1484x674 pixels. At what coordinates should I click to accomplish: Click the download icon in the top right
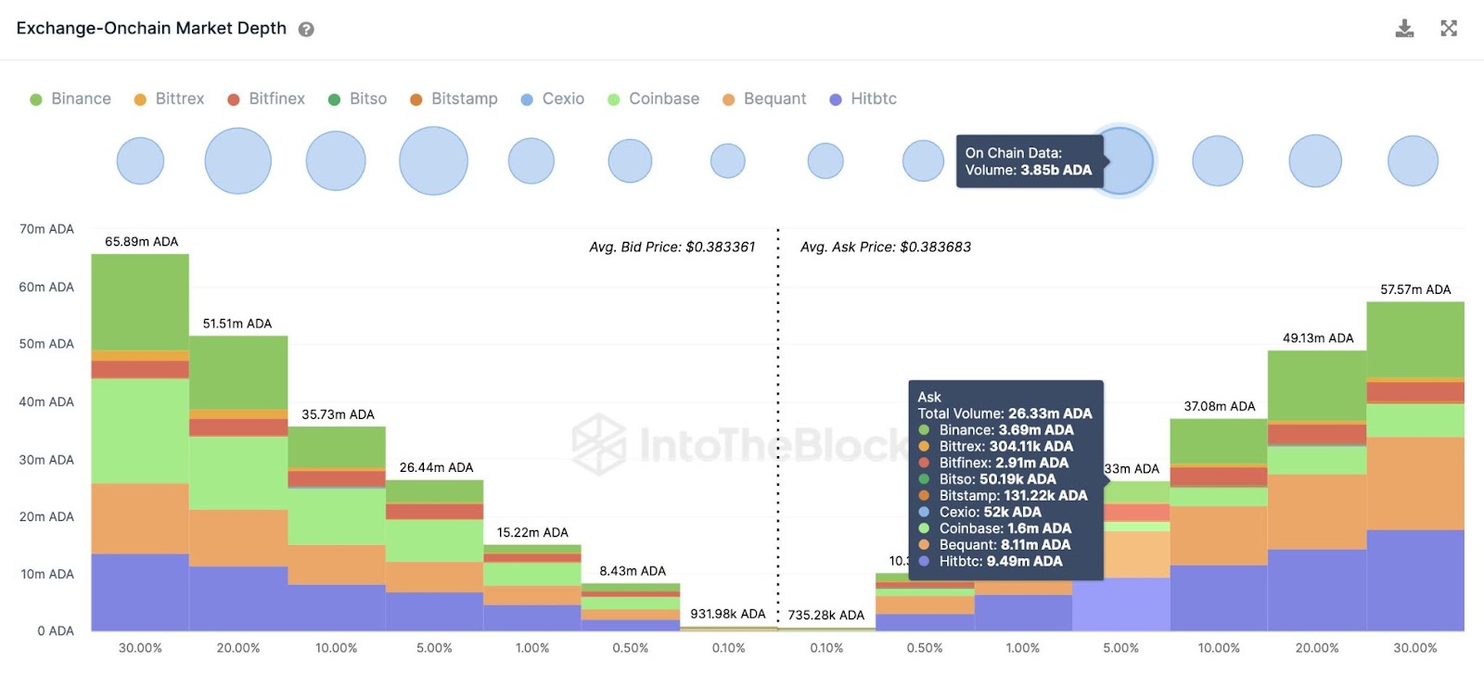tap(1404, 29)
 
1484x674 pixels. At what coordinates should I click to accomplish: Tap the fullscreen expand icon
tap(1449, 29)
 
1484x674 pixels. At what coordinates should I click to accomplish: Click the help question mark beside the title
tap(306, 30)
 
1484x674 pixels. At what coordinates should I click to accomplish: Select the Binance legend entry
tap(70, 99)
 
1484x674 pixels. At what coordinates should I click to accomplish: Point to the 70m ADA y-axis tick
tap(46, 229)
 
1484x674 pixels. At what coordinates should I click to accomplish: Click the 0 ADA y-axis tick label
tap(56, 631)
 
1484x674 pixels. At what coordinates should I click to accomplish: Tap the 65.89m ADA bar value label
tap(141, 242)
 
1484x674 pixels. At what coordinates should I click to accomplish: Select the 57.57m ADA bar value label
tap(1415, 290)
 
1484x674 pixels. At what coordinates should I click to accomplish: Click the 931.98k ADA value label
tap(728, 614)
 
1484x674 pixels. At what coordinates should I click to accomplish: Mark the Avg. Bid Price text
tap(672, 248)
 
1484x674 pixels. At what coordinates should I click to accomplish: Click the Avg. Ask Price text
tap(886, 248)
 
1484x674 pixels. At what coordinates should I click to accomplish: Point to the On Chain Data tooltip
tap(1029, 161)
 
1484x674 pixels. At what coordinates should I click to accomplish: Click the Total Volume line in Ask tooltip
tap(1004, 413)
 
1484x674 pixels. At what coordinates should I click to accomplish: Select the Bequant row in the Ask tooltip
tap(1004, 545)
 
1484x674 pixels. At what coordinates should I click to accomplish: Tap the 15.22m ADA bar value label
tap(532, 533)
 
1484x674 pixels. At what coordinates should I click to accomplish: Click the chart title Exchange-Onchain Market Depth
tap(151, 29)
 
